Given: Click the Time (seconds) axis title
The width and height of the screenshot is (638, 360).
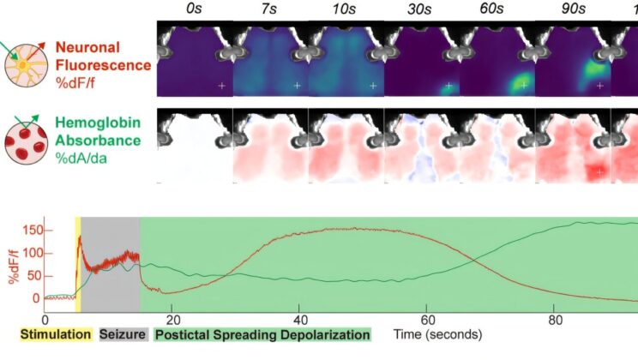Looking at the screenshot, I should click(x=437, y=333).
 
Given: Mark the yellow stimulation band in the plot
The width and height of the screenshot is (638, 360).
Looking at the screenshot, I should click(x=78, y=266).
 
